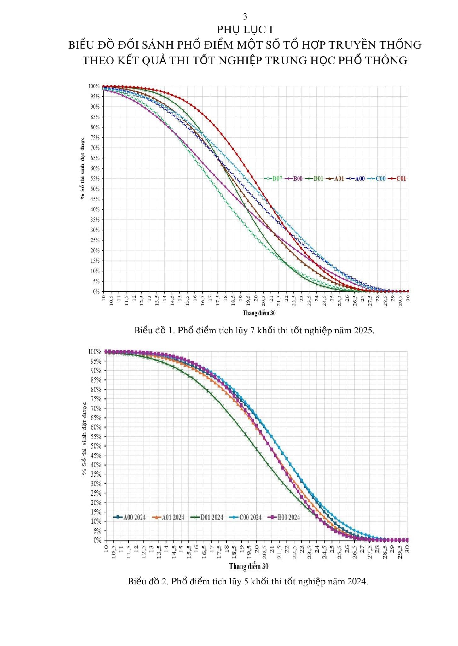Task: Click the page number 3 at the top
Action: pos(245,16)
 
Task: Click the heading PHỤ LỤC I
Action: pos(245,30)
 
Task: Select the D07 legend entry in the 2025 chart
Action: pos(273,179)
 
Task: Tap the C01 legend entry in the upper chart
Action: pos(397,179)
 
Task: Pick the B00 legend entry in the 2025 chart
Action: pos(294,179)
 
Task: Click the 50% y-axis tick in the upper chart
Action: pos(95,189)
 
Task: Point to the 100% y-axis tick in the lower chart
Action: pos(95,352)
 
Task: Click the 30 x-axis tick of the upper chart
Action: pos(408,297)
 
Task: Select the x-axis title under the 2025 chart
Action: pos(259,313)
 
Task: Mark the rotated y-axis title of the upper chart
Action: pos(82,168)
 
